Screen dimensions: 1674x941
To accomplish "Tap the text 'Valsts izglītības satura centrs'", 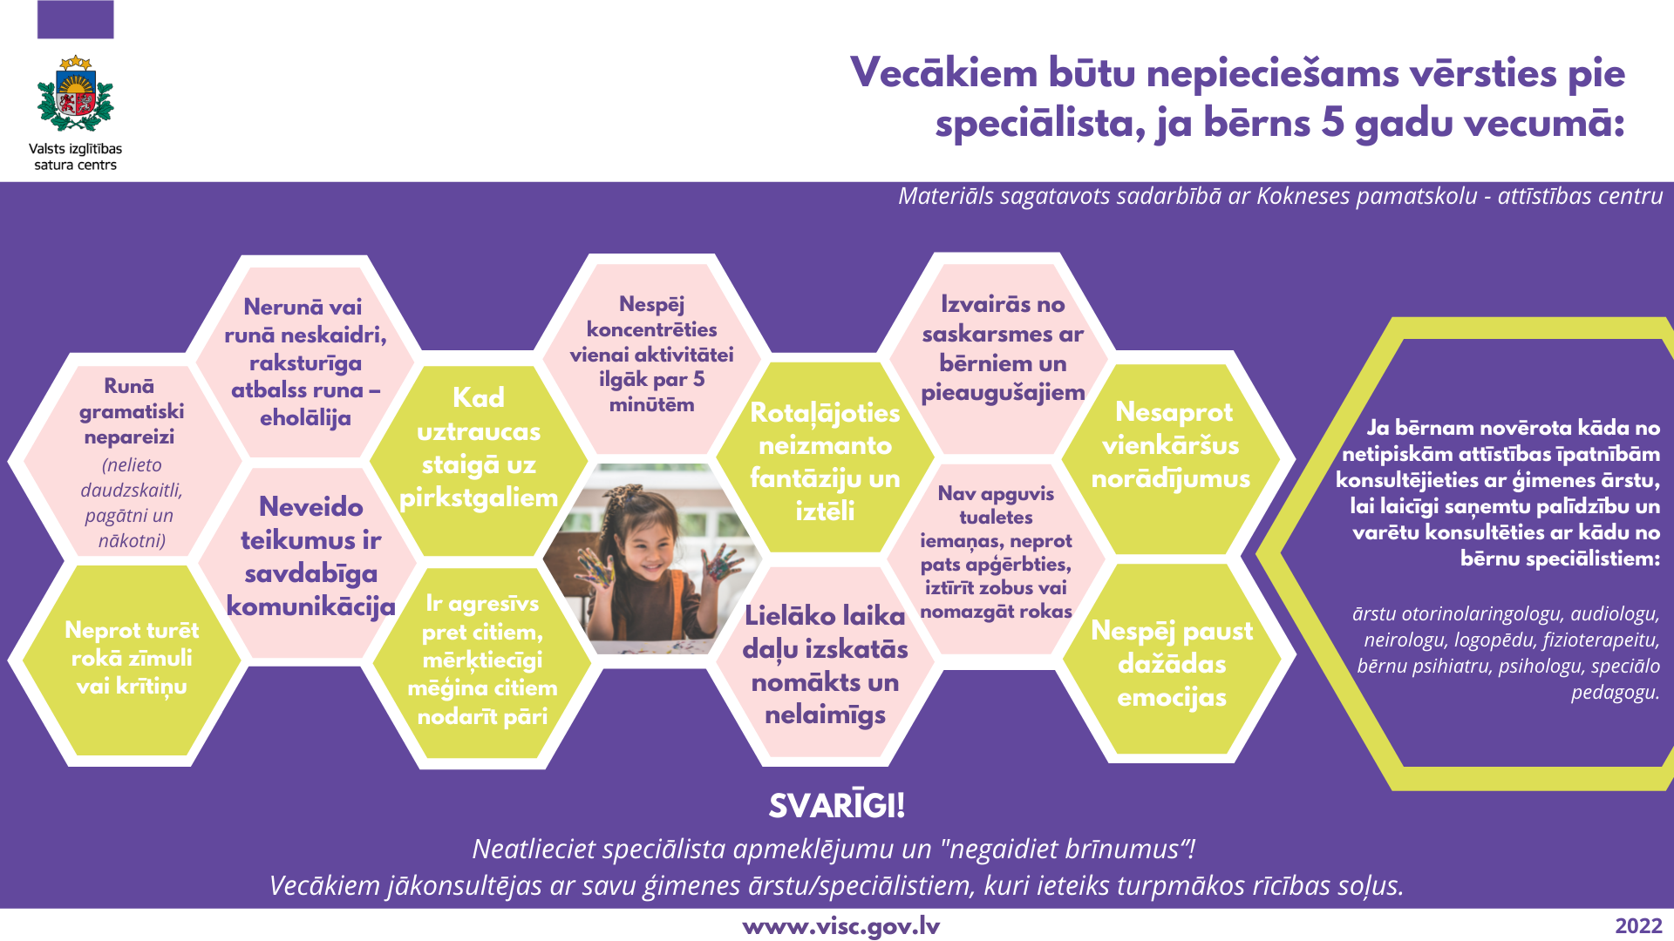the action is pyautogui.click(x=76, y=157).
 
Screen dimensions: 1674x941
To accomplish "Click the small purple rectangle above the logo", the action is pyautogui.click(x=76, y=19).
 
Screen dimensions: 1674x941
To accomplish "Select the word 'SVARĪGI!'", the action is pyautogui.click(x=837, y=806).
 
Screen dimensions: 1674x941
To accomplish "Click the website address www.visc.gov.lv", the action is pyautogui.click(x=841, y=926).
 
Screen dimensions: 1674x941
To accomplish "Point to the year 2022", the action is pyautogui.click(x=1638, y=926).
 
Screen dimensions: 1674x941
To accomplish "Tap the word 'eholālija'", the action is pyautogui.click(x=305, y=418).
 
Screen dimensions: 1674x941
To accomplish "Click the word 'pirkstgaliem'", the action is pyautogui.click(x=479, y=498).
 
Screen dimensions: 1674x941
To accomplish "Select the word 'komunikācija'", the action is pyautogui.click(x=311, y=606).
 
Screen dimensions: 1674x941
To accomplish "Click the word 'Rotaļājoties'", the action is pyautogui.click(x=825, y=414).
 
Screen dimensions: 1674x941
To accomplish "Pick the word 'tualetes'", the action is pyautogui.click(x=996, y=518).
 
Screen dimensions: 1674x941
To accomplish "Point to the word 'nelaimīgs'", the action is pyautogui.click(x=825, y=715).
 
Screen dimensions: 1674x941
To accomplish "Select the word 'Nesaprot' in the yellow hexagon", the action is pyautogui.click(x=1174, y=412).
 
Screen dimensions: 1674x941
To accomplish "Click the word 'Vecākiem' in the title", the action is pyautogui.click(x=944, y=72).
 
